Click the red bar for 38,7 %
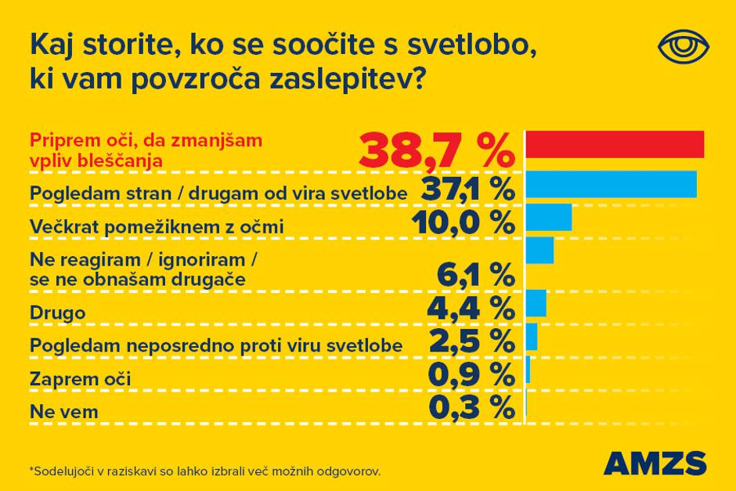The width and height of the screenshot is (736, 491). tap(615, 144)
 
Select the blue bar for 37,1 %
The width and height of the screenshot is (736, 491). tap(611, 184)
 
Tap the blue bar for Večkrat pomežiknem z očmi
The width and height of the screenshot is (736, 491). tap(548, 218)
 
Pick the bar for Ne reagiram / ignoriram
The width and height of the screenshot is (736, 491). tap(539, 251)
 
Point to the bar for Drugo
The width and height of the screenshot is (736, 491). tap(536, 302)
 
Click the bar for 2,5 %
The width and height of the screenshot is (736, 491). tap(532, 336)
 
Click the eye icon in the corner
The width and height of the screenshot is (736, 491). tap(684, 46)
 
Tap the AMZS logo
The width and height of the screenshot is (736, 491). tap(655, 462)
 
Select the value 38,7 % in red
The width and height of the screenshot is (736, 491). tap(437, 149)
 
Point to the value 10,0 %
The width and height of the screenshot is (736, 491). tap(463, 225)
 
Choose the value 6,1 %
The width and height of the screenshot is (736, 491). tap(474, 276)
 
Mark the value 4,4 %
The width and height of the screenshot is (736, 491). tap(470, 310)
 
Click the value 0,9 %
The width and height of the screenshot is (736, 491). tap(472, 377)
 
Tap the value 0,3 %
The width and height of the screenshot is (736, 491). tap(472, 410)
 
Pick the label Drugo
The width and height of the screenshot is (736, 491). tap(57, 312)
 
